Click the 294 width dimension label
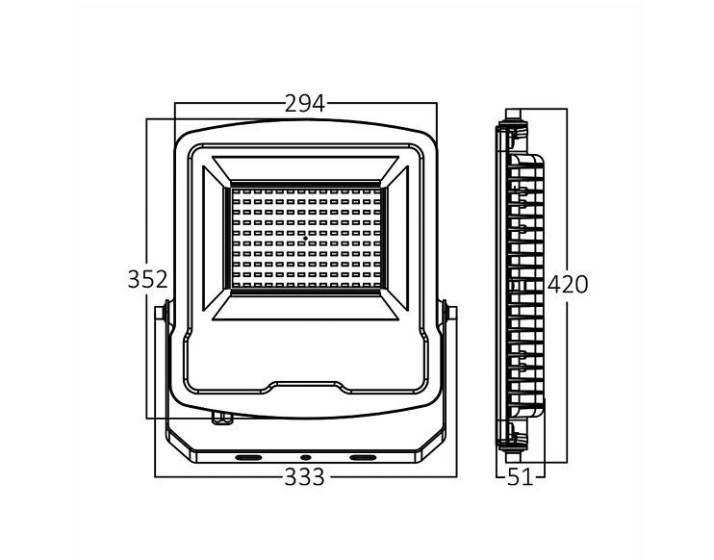(305, 104)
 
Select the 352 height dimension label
(147, 279)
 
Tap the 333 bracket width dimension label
(305, 477)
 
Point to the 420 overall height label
(568, 285)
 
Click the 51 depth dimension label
(520, 477)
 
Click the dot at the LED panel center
(305, 238)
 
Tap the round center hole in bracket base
(305, 457)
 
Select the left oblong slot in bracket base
(248, 457)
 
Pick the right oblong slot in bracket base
(363, 457)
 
